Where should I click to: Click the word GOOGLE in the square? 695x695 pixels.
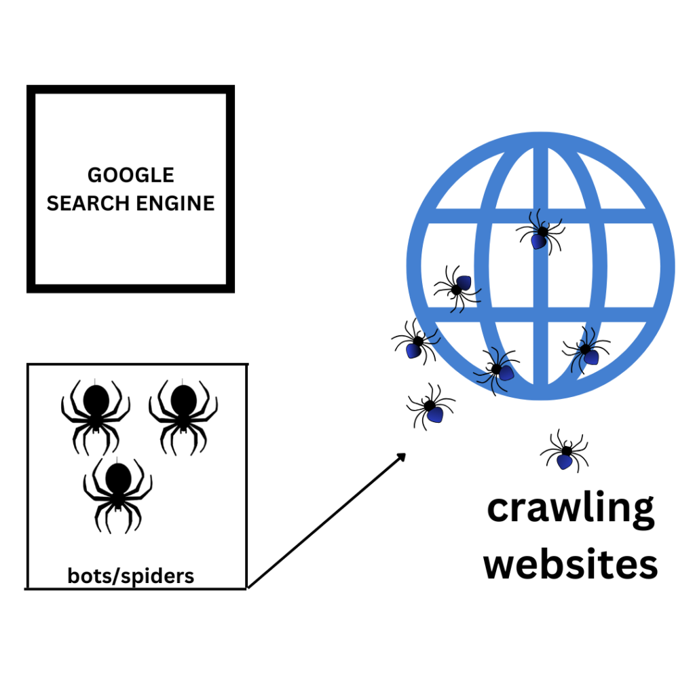click(x=130, y=175)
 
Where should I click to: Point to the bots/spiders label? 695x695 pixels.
click(x=131, y=576)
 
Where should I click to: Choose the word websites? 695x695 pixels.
click(x=571, y=565)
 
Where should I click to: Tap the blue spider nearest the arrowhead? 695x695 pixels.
click(x=430, y=407)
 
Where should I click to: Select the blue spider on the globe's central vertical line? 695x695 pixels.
click(x=541, y=233)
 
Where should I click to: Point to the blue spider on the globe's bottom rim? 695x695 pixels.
click(x=498, y=370)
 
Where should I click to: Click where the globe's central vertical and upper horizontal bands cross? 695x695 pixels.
click(x=541, y=215)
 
